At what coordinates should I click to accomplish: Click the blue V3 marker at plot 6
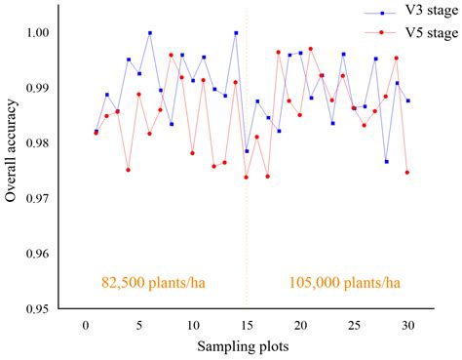click(150, 32)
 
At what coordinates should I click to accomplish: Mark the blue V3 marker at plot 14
click(236, 32)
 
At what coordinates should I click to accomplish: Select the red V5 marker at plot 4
click(129, 170)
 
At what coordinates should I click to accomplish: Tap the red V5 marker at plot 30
click(406, 172)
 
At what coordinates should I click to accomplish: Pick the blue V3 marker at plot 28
click(386, 161)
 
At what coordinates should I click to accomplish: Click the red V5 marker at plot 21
click(311, 48)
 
